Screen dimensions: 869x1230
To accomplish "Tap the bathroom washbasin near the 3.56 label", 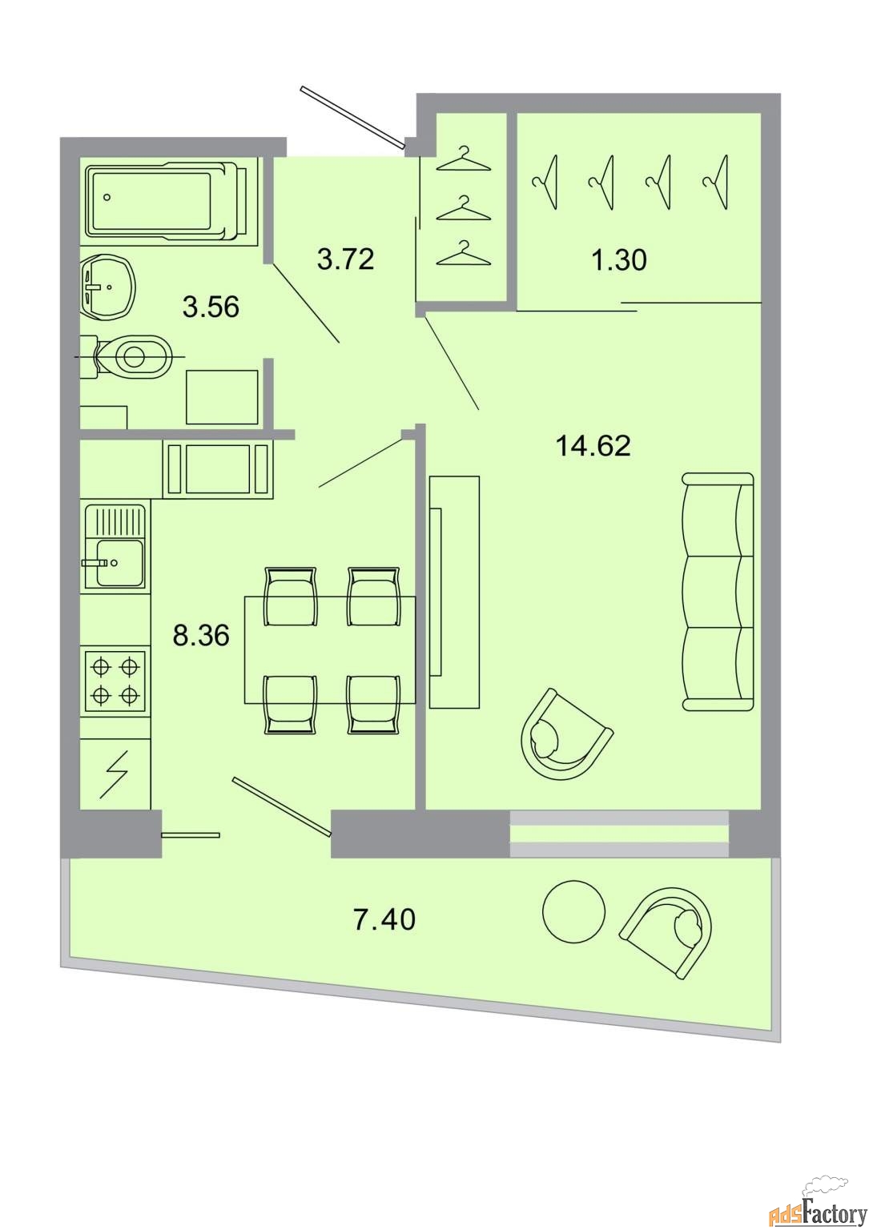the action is tap(107, 286).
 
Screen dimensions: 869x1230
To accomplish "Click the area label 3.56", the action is tap(211, 307).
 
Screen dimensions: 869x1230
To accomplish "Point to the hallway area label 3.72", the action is tap(345, 259).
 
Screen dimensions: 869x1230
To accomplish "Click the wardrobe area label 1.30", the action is tap(619, 259).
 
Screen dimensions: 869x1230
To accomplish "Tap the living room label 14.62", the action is tap(593, 445).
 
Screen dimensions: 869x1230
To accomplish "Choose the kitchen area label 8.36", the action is tap(200, 635).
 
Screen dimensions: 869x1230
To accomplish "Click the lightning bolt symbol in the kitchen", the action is tap(114, 774).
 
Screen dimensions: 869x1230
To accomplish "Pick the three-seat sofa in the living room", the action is tap(718, 592).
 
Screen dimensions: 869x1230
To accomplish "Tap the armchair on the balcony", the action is tap(667, 923).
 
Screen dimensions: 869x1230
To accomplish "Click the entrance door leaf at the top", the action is tap(352, 118).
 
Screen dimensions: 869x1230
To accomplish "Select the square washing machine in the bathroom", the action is tap(222, 396).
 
